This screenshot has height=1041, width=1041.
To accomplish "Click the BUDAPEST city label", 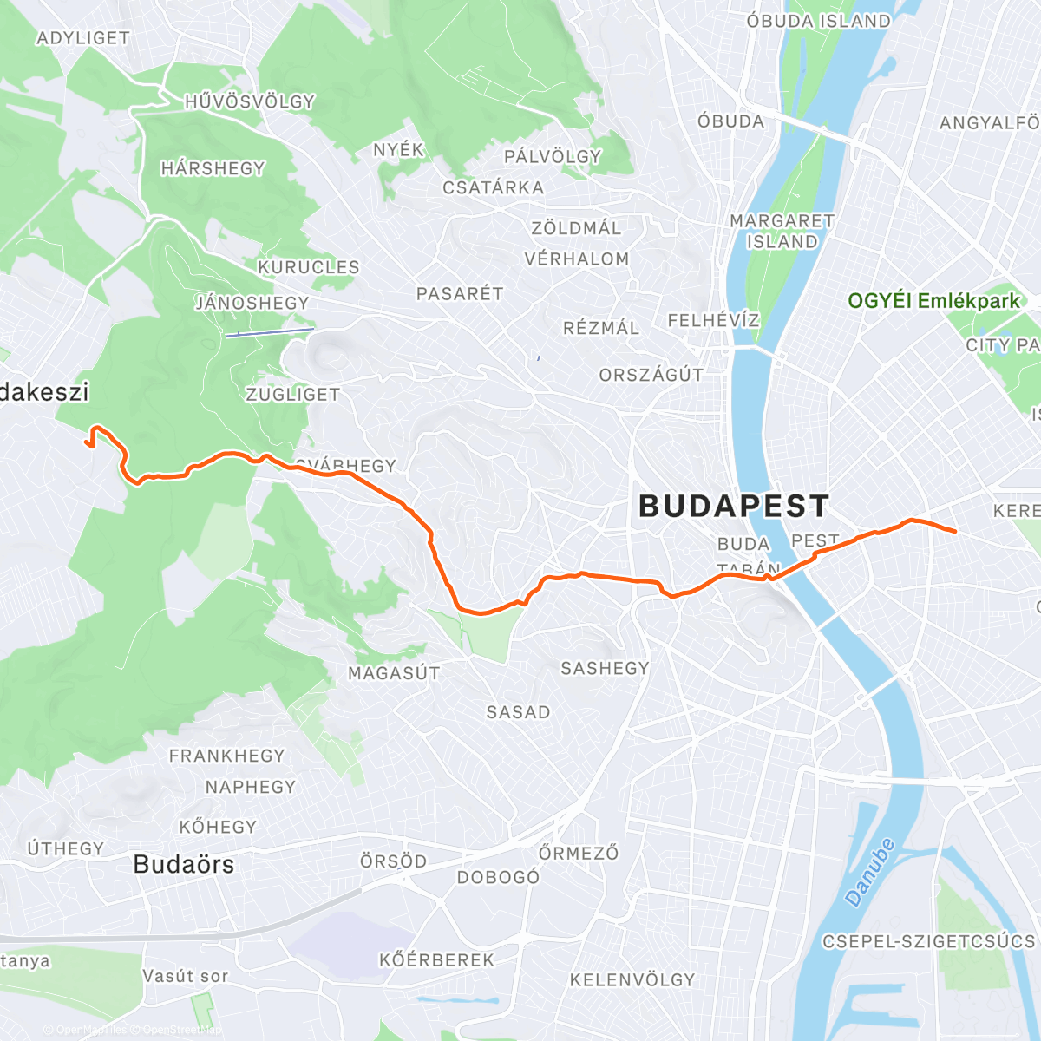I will click(734, 506).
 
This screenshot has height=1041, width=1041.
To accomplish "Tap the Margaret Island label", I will click(782, 232).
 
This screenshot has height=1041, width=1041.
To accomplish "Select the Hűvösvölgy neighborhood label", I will click(250, 102).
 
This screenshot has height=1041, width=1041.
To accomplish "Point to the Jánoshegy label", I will click(252, 303).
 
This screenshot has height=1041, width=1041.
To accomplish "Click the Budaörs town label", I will click(184, 865).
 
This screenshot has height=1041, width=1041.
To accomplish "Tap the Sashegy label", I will click(605, 668).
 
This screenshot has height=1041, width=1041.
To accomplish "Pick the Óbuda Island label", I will click(818, 21).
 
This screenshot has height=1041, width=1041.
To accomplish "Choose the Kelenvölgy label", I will click(632, 980).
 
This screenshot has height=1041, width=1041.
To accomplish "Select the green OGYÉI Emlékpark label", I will click(933, 301).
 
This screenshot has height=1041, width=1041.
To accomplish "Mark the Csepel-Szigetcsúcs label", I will click(928, 941).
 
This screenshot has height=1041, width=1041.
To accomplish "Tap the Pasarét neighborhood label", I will click(460, 294).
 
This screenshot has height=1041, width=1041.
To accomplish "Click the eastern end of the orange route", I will click(955, 531).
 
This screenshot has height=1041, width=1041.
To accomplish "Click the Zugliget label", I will click(292, 395).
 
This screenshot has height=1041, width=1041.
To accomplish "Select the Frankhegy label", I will click(226, 756).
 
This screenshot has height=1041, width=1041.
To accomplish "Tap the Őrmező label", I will click(579, 853).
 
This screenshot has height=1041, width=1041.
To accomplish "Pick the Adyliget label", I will click(83, 38).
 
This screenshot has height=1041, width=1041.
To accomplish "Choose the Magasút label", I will click(394, 673).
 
